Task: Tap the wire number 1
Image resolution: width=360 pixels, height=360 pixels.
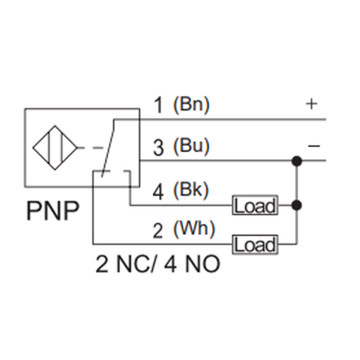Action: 157,105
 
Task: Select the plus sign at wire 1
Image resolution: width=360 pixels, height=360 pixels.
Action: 311,103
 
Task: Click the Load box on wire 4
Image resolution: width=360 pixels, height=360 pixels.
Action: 255,206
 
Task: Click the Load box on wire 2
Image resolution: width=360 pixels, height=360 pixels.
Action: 255,244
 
